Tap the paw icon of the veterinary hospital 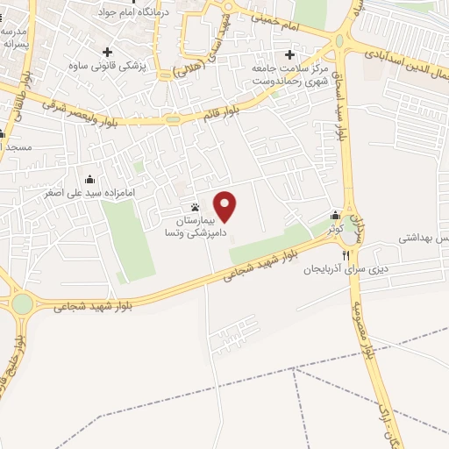point(195,208)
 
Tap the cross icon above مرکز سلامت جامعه point(289,54)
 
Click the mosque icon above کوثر point(335,216)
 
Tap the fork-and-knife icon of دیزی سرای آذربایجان point(346,255)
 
